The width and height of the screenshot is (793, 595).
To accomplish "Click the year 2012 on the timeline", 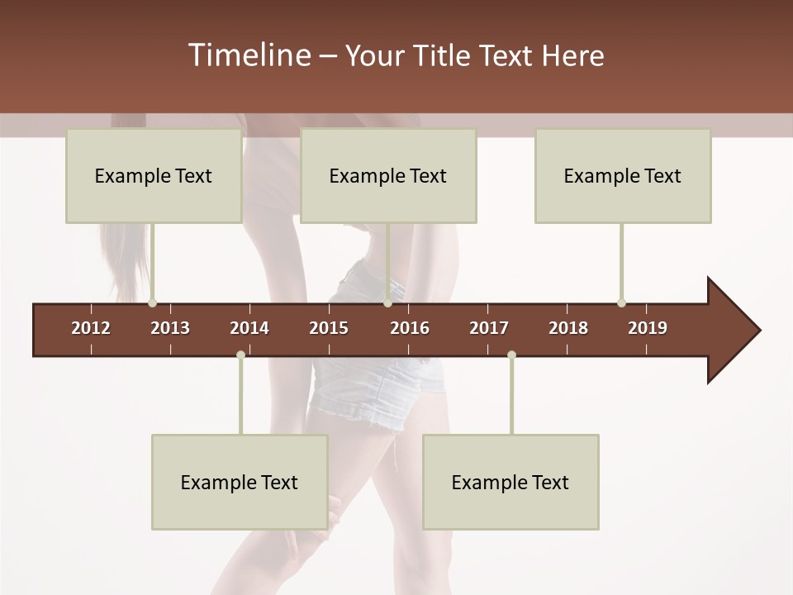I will (91, 328).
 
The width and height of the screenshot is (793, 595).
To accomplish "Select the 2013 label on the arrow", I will (170, 328).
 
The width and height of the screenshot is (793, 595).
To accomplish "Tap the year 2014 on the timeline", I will (249, 328).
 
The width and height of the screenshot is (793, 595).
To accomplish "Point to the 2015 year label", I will (329, 328).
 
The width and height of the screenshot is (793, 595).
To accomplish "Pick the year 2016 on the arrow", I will (410, 328).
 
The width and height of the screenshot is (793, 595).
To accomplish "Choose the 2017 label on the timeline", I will (489, 328).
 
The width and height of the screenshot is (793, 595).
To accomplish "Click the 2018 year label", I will (568, 328).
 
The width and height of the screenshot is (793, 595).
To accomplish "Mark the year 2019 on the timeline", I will (648, 328).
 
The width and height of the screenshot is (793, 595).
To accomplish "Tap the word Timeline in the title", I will (248, 55).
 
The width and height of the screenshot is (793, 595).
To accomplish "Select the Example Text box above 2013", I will (154, 175).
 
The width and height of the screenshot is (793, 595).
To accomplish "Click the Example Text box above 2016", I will (388, 175).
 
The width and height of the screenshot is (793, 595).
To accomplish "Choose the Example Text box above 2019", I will (623, 175).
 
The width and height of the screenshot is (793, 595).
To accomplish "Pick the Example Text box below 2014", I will (240, 482).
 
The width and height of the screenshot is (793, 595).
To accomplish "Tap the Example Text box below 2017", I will (510, 482).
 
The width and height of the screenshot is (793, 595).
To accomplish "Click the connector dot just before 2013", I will (152, 303).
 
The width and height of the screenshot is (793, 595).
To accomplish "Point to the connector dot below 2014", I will (240, 355).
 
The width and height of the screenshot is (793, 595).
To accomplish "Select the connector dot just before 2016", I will (387, 303).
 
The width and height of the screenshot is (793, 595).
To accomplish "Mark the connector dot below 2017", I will (511, 355).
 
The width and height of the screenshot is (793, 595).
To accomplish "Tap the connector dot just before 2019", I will (621, 303).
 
